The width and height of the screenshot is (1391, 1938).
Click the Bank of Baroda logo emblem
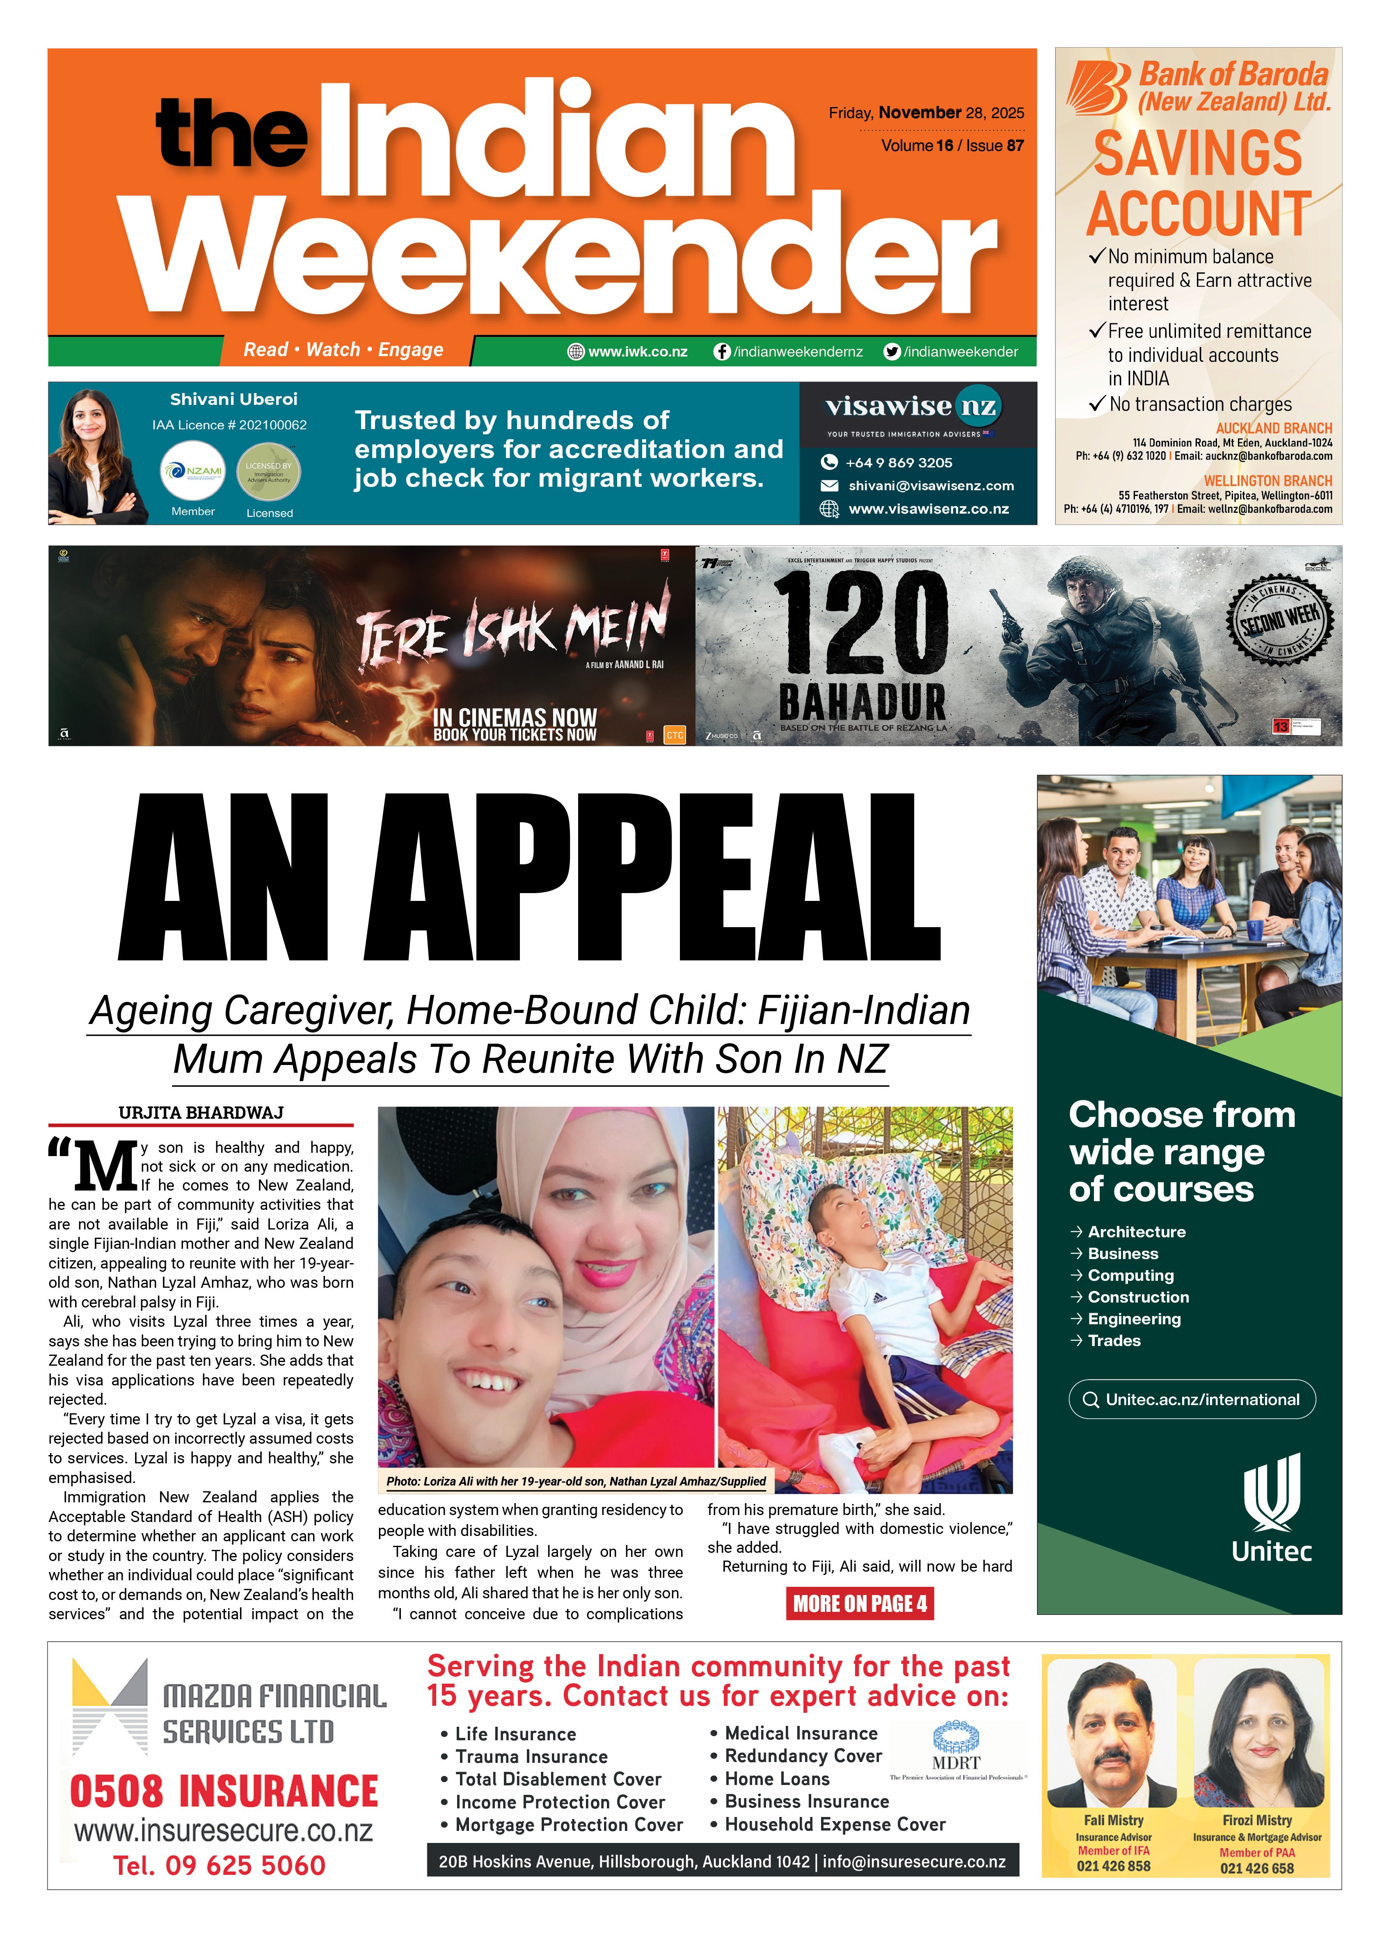pyautogui.click(x=1098, y=88)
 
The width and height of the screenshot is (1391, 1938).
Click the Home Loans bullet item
pyautogui.click(x=777, y=1778)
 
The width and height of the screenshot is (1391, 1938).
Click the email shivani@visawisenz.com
pyautogui.click(x=931, y=485)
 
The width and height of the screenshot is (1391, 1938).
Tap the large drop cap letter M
pyautogui.click(x=104, y=1166)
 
